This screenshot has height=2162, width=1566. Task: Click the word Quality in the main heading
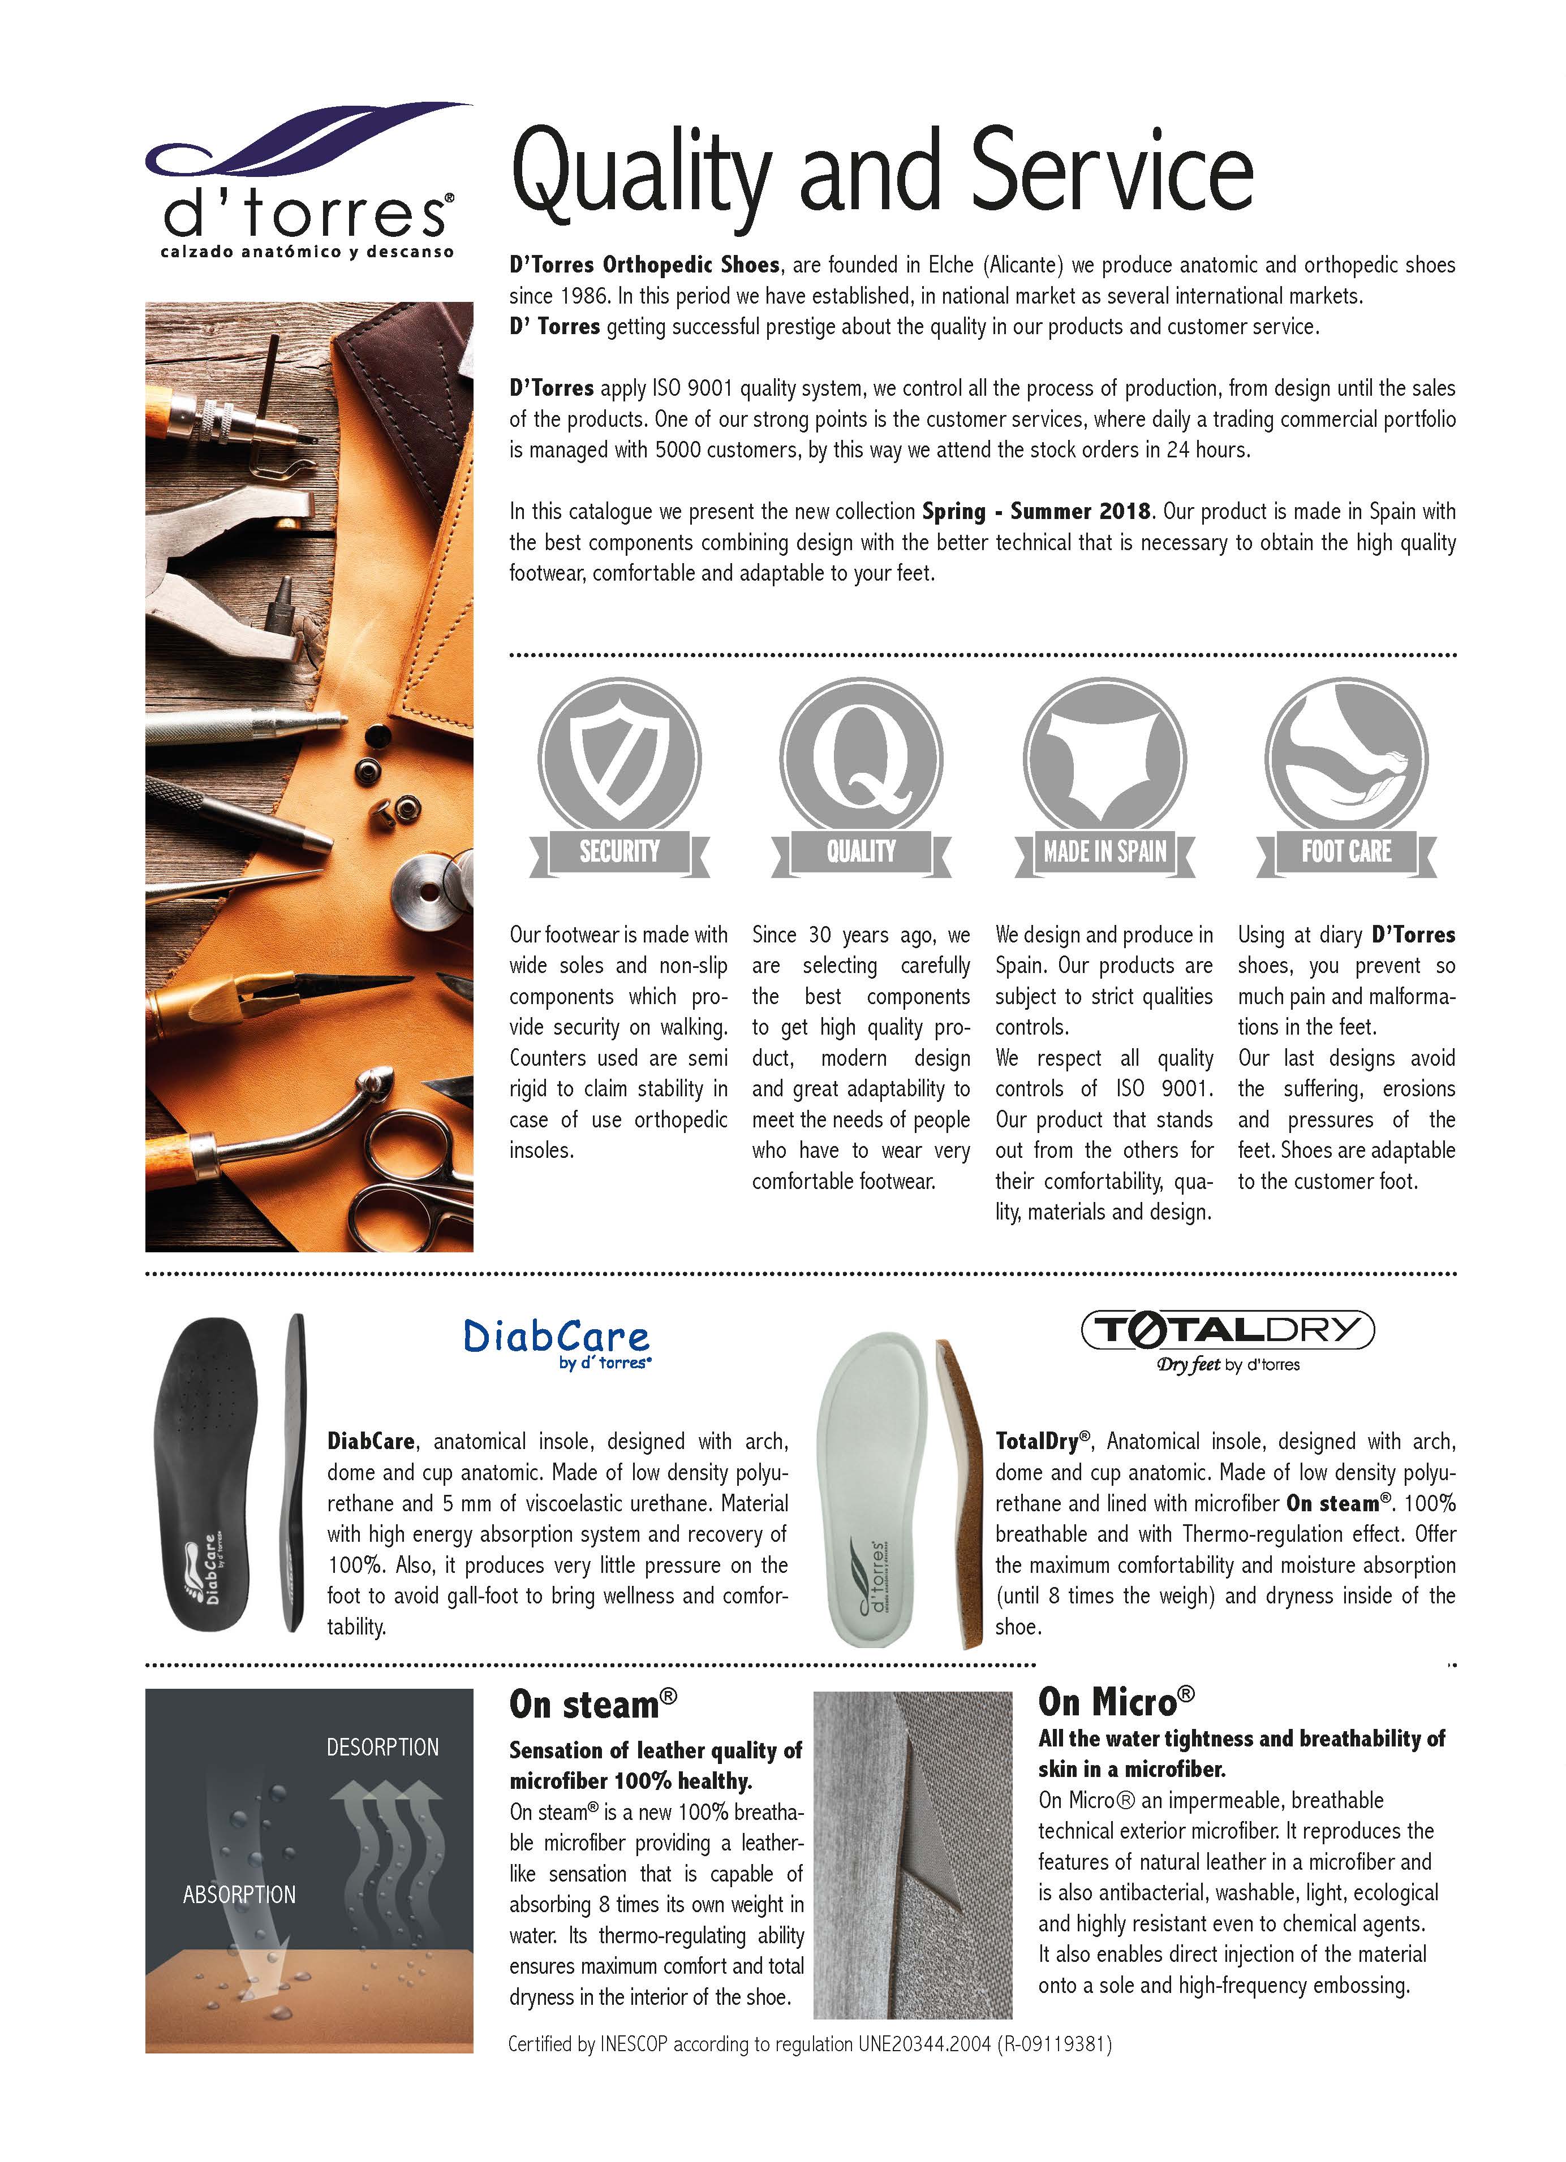pyautogui.click(x=639, y=176)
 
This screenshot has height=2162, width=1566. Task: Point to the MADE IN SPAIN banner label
pyautogui.click(x=1104, y=851)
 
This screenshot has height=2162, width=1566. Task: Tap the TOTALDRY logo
pyautogui.click(x=1228, y=1330)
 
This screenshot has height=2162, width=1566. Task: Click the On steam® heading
pyautogui.click(x=592, y=1705)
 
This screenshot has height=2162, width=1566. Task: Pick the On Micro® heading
pyautogui.click(x=1115, y=1702)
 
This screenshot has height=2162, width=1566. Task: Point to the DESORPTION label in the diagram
pyautogui.click(x=382, y=1748)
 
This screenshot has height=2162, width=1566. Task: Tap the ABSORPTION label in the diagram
pyautogui.click(x=239, y=1894)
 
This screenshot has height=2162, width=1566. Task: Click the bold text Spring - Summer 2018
pyautogui.click(x=1036, y=512)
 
